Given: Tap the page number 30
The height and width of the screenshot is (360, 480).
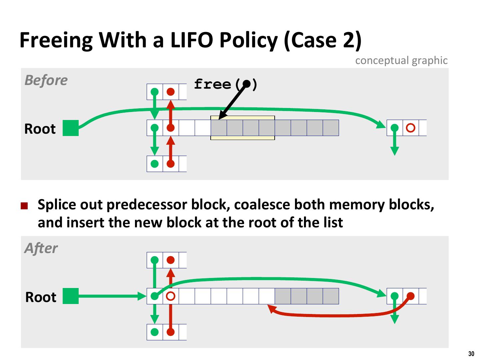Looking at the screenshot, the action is [x=471, y=354].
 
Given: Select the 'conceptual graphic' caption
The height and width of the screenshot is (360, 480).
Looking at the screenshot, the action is [x=401, y=60].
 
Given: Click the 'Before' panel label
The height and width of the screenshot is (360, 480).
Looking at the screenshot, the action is [x=46, y=80].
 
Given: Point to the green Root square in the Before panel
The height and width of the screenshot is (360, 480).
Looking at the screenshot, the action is [x=71, y=128].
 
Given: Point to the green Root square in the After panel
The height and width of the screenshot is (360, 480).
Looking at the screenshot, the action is [x=71, y=296].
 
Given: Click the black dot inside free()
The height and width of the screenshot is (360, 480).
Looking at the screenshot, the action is [x=246, y=84].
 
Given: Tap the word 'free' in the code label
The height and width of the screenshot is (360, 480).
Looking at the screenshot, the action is [x=212, y=84].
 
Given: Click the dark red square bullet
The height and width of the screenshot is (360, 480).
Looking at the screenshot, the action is [x=24, y=206].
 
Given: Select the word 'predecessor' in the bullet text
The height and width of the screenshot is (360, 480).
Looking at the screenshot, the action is [x=147, y=205].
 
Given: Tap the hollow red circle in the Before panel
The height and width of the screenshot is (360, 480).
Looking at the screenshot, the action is [x=410, y=128].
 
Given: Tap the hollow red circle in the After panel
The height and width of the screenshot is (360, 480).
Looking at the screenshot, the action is [x=171, y=296].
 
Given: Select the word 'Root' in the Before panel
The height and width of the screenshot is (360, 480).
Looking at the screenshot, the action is [x=40, y=129].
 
